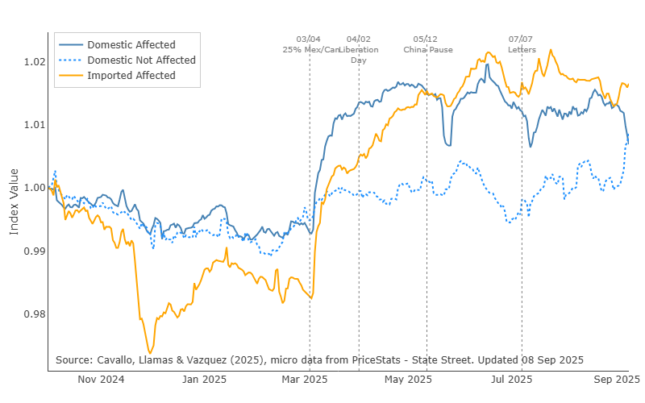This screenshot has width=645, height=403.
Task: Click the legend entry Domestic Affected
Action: (x=131, y=44)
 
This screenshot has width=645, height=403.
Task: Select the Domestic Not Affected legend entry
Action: (x=141, y=60)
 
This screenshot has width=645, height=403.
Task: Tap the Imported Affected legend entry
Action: (x=131, y=76)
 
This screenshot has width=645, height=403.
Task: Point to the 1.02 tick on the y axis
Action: (x=31, y=62)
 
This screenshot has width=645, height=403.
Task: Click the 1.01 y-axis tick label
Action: (x=31, y=125)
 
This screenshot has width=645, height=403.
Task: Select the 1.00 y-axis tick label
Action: (x=31, y=188)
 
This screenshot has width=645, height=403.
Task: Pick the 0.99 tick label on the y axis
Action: (x=31, y=251)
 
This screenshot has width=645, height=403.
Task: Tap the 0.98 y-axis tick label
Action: (x=31, y=314)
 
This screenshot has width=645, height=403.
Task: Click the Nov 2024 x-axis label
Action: (x=100, y=379)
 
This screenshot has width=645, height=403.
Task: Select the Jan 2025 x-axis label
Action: (x=203, y=379)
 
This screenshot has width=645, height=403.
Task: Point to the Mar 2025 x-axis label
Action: (x=304, y=379)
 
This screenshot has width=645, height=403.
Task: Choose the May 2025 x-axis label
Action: (x=408, y=379)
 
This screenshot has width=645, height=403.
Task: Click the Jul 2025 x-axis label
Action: (x=512, y=379)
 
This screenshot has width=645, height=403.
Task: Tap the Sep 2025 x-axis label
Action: (x=618, y=379)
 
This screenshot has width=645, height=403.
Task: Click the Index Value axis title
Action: (x=14, y=201)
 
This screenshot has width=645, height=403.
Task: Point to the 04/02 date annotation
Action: (x=359, y=39)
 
